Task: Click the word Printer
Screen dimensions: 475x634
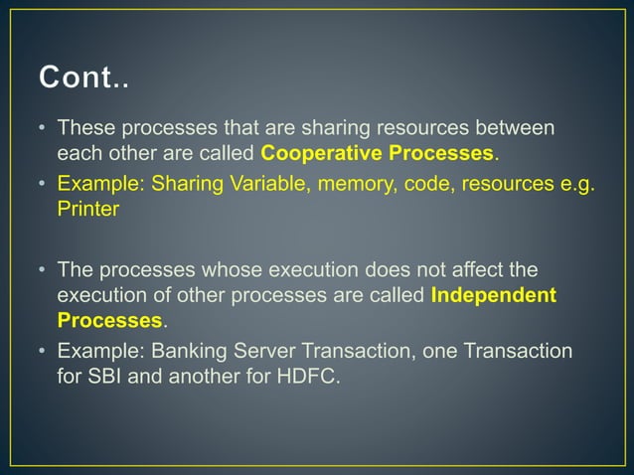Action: (x=86, y=210)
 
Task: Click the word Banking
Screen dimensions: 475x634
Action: (x=183, y=351)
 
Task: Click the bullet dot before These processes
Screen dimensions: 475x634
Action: (x=43, y=128)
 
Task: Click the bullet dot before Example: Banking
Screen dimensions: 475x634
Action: (x=43, y=351)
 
